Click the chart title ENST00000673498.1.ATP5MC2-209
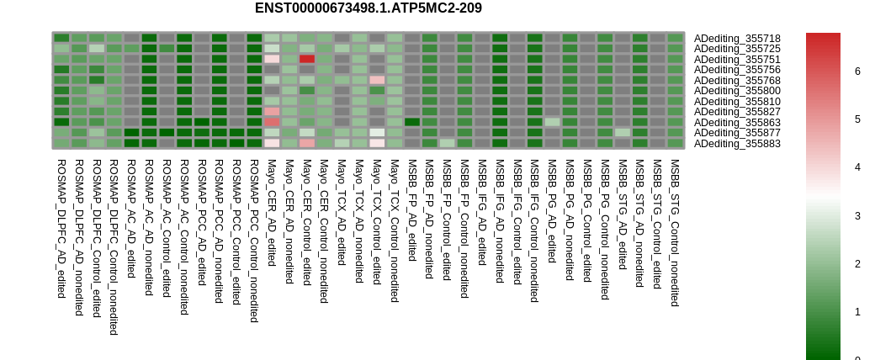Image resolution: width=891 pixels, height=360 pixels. pyautogui.click(x=368, y=8)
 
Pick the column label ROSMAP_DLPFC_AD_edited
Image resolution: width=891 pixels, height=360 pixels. pyautogui.click(x=61, y=227)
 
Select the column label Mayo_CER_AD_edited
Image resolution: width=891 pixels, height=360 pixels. pyautogui.click(x=272, y=213)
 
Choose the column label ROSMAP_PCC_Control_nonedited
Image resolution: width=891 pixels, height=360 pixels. pyautogui.click(x=254, y=241)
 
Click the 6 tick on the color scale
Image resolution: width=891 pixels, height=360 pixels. pyautogui.click(x=857, y=71)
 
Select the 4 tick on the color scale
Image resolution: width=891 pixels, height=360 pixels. pyautogui.click(x=857, y=167)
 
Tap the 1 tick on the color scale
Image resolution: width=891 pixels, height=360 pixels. pyautogui.click(x=857, y=312)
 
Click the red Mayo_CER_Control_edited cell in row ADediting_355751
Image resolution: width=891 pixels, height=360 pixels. pyautogui.click(x=307, y=59)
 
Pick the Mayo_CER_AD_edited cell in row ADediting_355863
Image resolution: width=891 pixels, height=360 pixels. pyautogui.click(x=272, y=122)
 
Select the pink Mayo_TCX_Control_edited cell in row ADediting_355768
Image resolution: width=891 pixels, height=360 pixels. pyautogui.click(x=377, y=80)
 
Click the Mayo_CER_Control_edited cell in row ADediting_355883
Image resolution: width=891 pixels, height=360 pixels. pyautogui.click(x=307, y=143)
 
